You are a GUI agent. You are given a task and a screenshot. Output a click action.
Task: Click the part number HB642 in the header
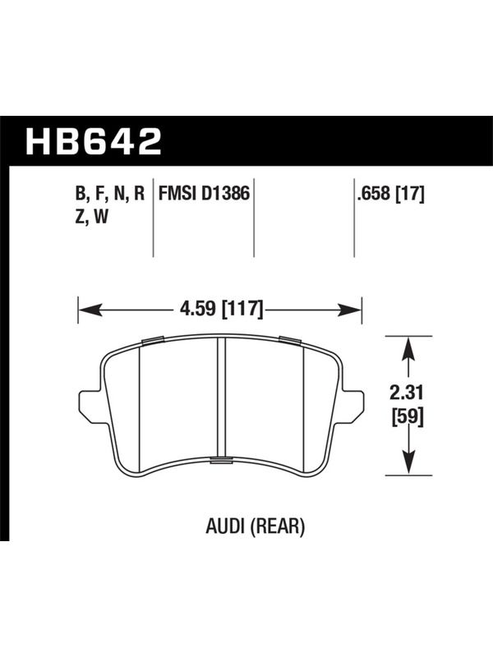click(94, 141)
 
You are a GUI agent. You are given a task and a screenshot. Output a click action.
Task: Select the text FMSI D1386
click(204, 194)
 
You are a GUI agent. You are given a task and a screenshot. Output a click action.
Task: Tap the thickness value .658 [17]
click(389, 194)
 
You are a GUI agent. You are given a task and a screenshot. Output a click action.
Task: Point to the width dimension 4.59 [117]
click(221, 310)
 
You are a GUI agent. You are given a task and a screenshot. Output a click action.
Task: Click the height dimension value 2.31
click(407, 393)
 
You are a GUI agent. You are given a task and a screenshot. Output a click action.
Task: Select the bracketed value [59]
click(408, 417)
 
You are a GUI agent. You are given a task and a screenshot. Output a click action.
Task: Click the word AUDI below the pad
click(224, 526)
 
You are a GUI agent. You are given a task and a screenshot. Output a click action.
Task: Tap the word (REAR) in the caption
click(277, 526)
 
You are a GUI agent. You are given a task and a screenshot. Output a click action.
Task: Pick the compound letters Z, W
click(91, 217)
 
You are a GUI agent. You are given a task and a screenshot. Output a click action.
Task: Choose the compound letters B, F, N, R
click(109, 194)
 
